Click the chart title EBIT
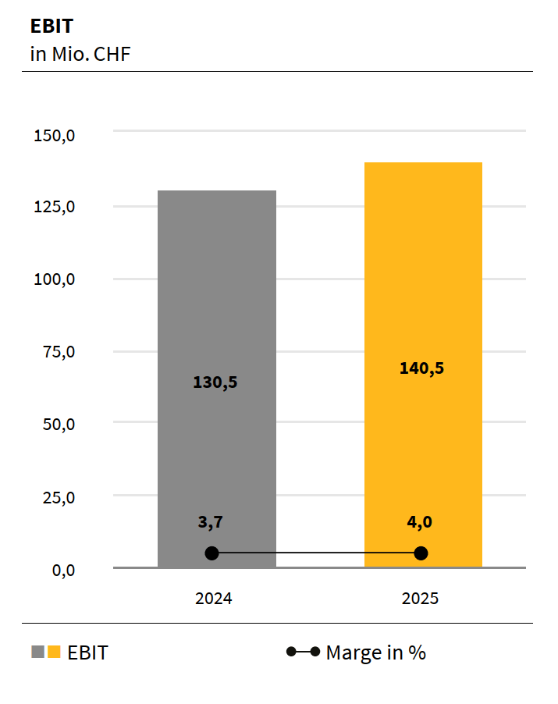coord(52,26)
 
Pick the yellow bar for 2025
coord(424,273)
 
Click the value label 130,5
coord(215,382)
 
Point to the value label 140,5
coord(422,368)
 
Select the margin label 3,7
coord(211,521)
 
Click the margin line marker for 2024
coord(211,553)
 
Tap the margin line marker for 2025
coord(421,553)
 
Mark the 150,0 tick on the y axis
coord(55,135)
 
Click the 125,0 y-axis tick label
coord(55,207)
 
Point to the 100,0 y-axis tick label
coord(55,279)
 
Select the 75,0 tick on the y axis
coord(59,351)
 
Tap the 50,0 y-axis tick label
coord(59,424)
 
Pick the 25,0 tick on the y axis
coord(59,496)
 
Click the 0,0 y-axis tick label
coord(63,570)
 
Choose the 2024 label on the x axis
coord(214,599)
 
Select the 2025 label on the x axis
coord(421,599)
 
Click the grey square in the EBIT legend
coord(37,652)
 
